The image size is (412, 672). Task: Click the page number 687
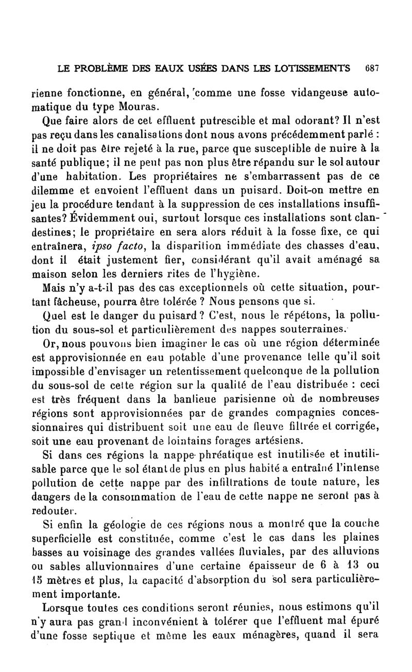371,68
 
